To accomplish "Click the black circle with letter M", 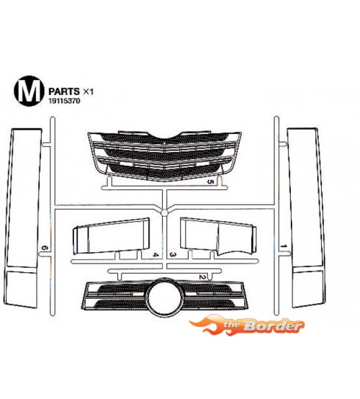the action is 27,91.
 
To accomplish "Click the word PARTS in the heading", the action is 64,91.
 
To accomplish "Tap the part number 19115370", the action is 64,101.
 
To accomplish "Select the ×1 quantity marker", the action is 89,91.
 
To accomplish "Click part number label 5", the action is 210,181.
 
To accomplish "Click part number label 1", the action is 284,246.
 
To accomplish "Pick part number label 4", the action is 156,255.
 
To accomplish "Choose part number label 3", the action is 173,255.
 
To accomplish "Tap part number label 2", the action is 202,277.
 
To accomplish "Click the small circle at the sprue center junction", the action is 165,212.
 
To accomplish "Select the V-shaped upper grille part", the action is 164,156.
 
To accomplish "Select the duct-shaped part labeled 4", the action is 111,236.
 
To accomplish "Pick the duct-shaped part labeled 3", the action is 218,236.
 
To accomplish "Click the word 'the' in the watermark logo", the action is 232,324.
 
